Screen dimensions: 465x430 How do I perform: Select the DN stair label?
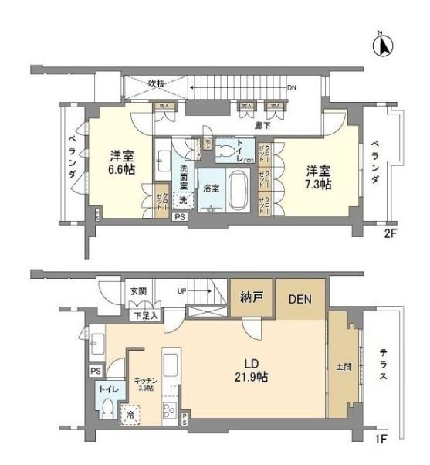pyautogui.click(x=292, y=87)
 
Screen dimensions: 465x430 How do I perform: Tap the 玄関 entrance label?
pyautogui.click(x=137, y=291)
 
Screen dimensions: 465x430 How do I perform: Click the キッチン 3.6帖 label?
pyautogui.click(x=147, y=382)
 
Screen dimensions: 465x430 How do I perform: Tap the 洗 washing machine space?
pyautogui.click(x=183, y=200)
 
